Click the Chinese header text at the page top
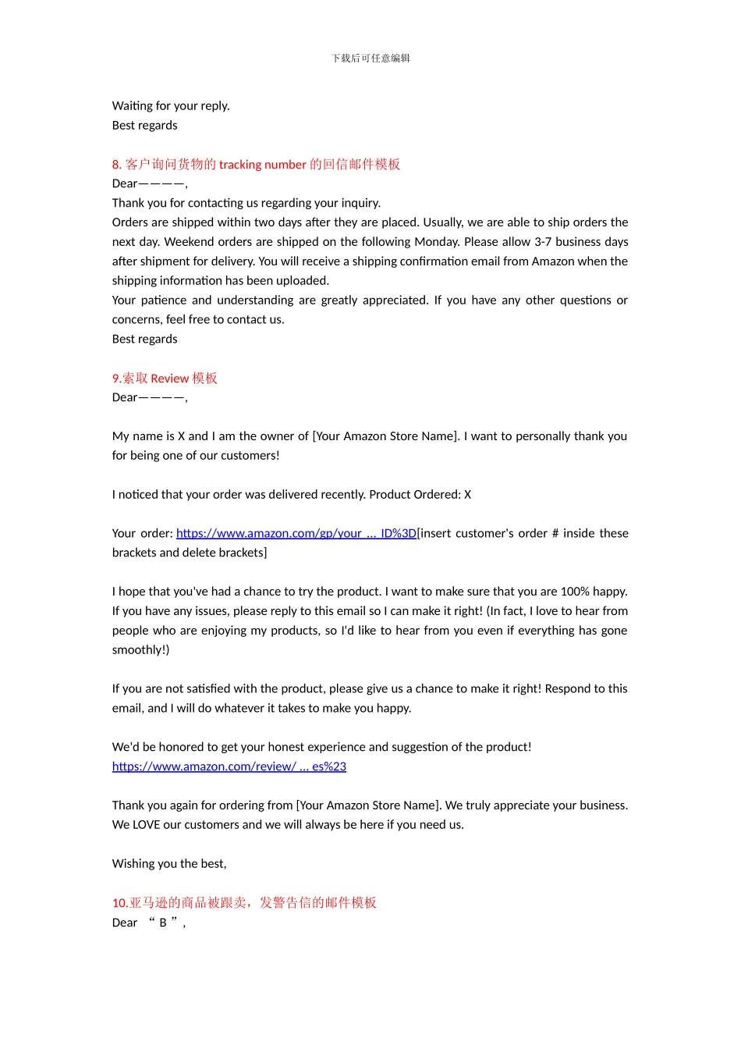click(370, 59)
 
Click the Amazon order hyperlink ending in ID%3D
click(296, 534)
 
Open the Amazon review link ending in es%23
click(229, 767)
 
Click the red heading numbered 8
click(256, 165)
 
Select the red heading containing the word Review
click(165, 379)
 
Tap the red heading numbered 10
click(244, 903)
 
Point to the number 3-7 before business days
click(544, 242)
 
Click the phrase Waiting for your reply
click(171, 106)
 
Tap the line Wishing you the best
click(169, 864)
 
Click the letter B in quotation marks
click(163, 923)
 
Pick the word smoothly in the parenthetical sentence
click(137, 650)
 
